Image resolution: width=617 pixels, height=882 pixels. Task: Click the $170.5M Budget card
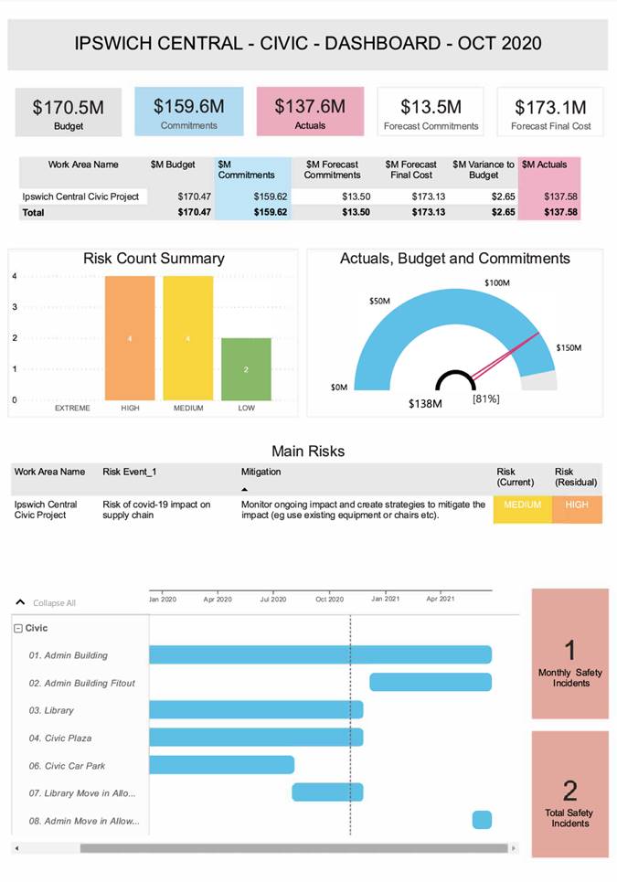pos(68,112)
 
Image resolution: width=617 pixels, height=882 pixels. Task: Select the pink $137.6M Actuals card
pos(310,112)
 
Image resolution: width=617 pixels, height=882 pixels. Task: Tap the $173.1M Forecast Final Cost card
pos(550,112)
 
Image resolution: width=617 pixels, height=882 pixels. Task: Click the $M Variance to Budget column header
pos(484,169)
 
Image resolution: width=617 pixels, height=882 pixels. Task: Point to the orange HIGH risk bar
pos(130,338)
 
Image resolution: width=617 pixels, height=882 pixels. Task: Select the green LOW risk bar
pos(246,369)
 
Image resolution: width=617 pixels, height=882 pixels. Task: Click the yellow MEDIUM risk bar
pos(188,338)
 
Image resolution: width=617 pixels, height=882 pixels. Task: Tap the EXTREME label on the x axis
pos(72,408)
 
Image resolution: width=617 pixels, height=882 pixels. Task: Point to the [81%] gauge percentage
pos(485,398)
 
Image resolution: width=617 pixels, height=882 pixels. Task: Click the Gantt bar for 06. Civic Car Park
pos(221,765)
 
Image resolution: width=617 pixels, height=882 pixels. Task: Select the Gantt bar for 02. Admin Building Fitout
pos(431,682)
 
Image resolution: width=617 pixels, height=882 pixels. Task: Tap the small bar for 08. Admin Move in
pos(482,820)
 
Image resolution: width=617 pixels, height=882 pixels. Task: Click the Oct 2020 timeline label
pos(330,599)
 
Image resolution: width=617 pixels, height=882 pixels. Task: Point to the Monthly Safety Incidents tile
pos(569,654)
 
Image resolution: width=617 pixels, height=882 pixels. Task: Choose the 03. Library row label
pos(51,710)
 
